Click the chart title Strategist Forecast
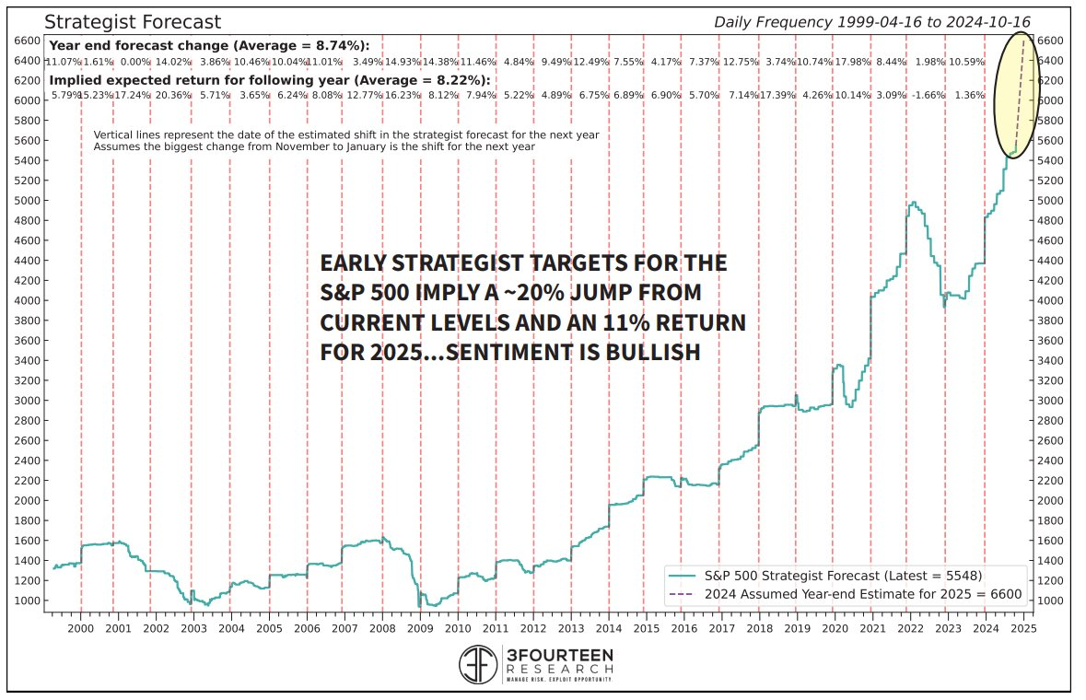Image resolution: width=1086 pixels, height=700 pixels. (133, 22)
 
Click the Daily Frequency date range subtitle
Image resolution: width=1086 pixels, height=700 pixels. (871, 22)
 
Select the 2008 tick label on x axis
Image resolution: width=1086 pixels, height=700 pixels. (382, 628)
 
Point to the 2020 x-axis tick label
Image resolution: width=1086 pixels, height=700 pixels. (835, 628)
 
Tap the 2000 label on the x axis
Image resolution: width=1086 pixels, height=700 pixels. (81, 628)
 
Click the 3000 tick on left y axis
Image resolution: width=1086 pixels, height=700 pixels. (28, 401)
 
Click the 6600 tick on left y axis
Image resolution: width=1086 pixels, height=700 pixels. (28, 41)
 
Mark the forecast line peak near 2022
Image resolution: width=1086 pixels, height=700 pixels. (912, 203)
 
